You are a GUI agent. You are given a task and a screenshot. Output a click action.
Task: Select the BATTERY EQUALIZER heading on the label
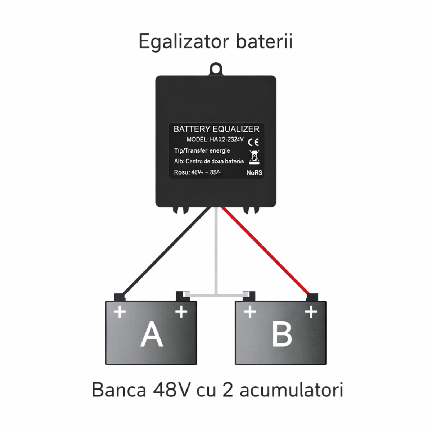[216, 129]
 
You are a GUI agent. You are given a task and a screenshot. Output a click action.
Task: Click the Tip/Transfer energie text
[202, 150]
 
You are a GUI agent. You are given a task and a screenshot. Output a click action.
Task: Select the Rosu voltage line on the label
[197, 172]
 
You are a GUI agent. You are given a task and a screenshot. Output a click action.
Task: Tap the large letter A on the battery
[152, 334]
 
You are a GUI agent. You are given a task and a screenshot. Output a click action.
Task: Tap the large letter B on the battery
[282, 334]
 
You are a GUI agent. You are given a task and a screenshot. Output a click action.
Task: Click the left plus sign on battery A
[120, 312]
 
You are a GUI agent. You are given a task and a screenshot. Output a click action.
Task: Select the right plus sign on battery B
[311, 312]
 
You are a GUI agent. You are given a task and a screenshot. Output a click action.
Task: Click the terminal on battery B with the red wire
[312, 297]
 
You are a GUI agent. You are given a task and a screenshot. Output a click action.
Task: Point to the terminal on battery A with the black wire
[119, 297]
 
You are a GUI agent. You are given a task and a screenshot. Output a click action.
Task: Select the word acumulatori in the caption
[291, 390]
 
